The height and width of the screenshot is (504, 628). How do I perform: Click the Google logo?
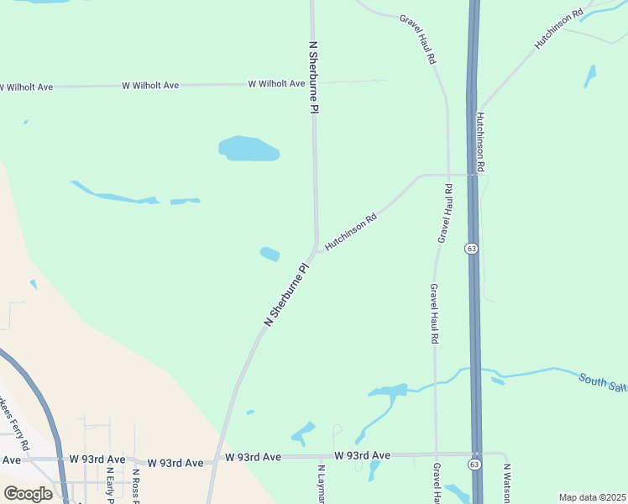[x=28, y=494]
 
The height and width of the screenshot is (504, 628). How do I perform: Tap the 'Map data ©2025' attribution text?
[x=592, y=497]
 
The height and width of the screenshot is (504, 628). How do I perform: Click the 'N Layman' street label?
[x=321, y=485]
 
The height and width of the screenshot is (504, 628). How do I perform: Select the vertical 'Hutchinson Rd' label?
[x=482, y=142]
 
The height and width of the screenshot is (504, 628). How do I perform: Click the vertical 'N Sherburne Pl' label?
[x=314, y=77]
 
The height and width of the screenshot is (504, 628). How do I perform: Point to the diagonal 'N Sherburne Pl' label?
[x=288, y=294]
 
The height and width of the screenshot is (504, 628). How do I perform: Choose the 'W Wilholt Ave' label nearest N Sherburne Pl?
[x=276, y=84]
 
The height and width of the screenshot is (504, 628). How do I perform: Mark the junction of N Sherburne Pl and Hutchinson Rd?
[x=317, y=246]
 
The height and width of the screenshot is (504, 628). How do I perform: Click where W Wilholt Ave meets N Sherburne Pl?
[x=313, y=83]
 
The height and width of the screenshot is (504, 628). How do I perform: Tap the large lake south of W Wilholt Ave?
[x=249, y=149]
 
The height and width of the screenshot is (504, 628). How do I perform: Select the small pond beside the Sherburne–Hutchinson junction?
[x=270, y=253]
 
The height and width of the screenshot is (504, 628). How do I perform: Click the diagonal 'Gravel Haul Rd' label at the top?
[x=418, y=39]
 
